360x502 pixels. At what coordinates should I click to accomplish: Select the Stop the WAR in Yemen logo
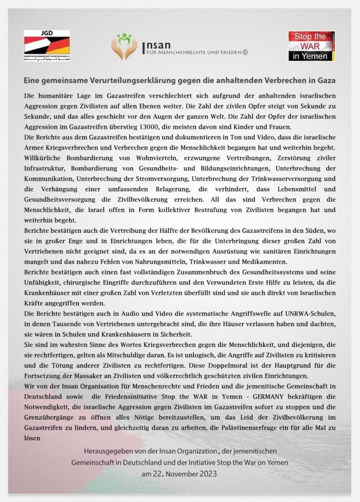pyautogui.click(x=311, y=46)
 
